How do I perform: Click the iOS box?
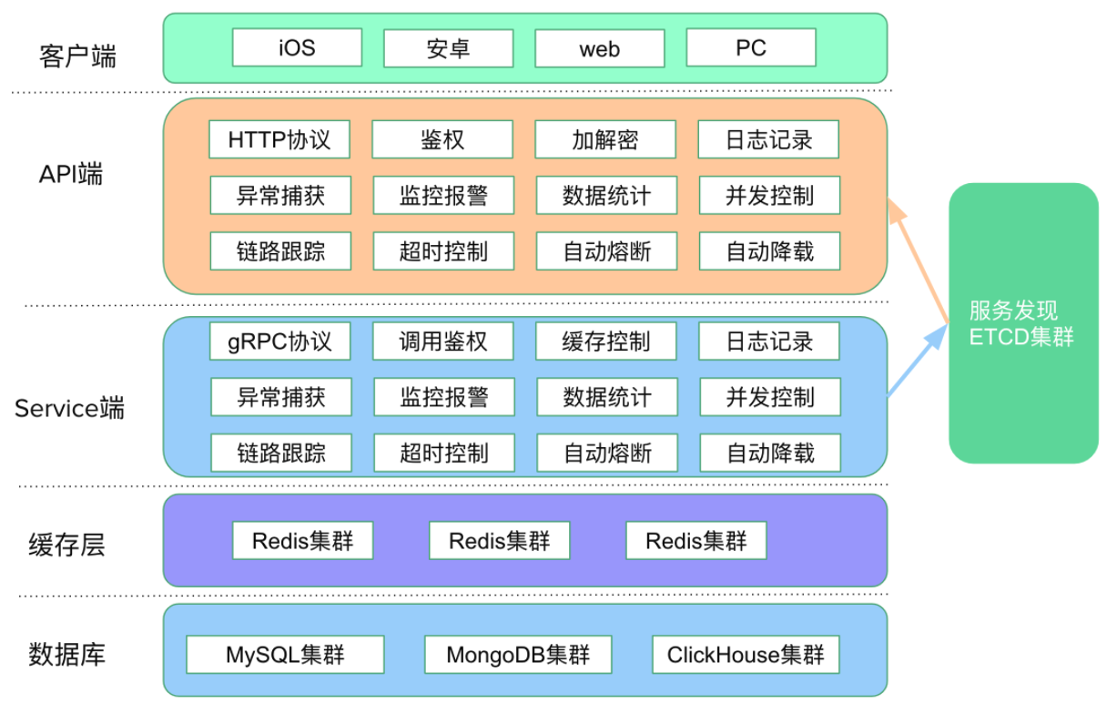(297, 47)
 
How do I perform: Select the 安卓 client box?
(448, 48)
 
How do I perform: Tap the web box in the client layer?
(600, 48)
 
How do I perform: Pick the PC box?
(751, 47)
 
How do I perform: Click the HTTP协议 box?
(279, 139)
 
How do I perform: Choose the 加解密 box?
(605, 139)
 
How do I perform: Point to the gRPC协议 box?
(279, 342)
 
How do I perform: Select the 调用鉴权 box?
(442, 342)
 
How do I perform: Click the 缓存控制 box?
(606, 342)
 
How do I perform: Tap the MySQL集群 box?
(285, 655)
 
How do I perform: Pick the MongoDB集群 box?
(518, 655)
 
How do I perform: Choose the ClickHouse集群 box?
(746, 655)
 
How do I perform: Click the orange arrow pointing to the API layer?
(918, 260)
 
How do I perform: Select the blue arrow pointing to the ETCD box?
(918, 361)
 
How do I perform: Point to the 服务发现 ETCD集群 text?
(1021, 323)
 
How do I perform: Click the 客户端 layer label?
(77, 56)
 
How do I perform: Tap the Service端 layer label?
(69, 408)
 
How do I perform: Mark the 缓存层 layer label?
(66, 545)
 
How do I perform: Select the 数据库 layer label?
(66, 654)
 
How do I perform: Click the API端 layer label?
(71, 174)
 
